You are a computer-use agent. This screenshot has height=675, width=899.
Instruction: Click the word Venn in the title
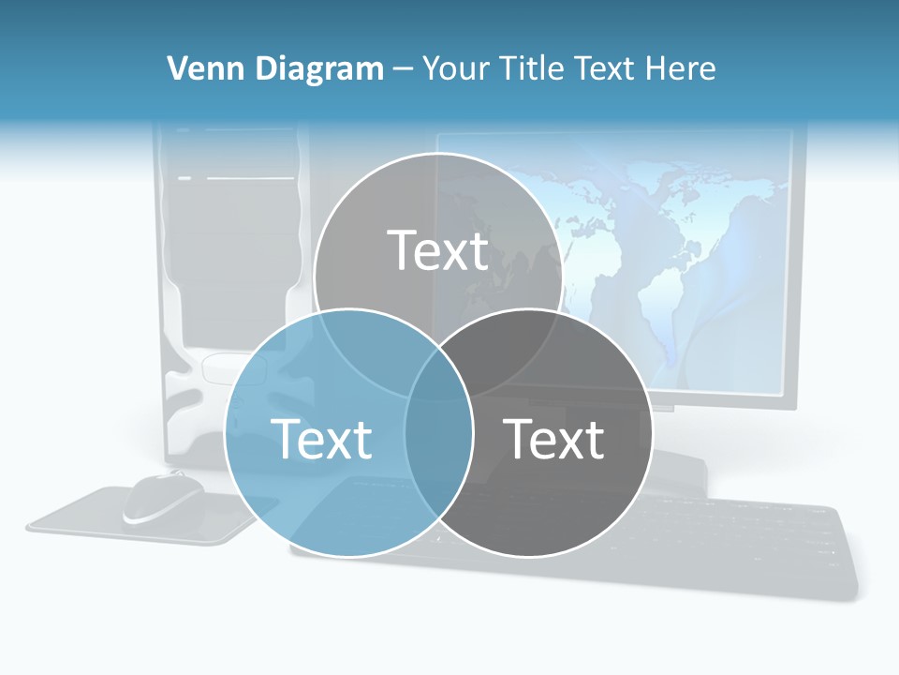point(198,68)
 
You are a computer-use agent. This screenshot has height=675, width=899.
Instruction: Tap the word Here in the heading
point(682,68)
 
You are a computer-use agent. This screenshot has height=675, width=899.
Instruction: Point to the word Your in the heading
point(455,68)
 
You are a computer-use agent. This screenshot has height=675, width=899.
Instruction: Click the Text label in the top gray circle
point(438,250)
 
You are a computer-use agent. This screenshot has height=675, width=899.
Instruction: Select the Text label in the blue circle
point(321,439)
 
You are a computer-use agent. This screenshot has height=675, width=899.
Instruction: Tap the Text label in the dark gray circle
point(554,439)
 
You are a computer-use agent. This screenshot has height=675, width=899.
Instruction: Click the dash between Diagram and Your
point(403,68)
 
